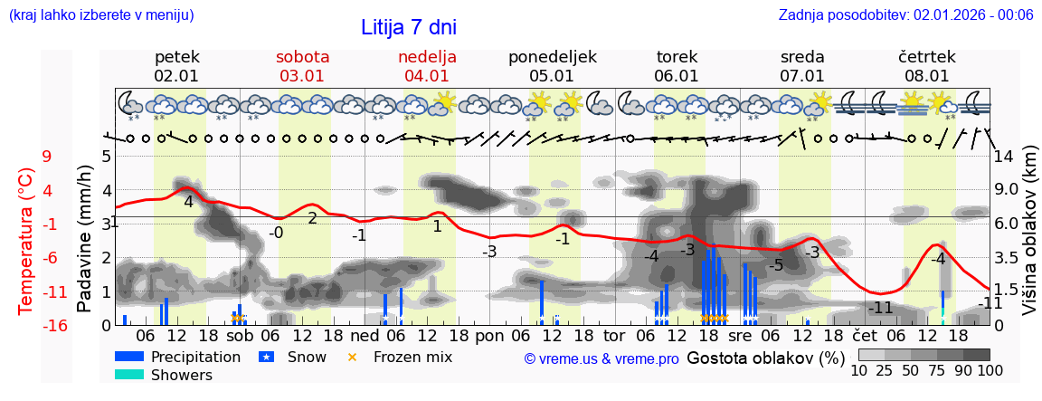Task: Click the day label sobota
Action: tap(302, 57)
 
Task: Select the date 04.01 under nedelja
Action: tap(427, 76)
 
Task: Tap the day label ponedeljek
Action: tap(552, 57)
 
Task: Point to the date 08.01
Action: tap(927, 76)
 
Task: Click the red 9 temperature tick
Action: tap(46, 157)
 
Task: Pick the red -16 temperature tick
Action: tap(55, 326)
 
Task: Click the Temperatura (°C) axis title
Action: tap(25, 241)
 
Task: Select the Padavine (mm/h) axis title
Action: tap(85, 239)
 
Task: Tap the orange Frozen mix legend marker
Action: tap(353, 357)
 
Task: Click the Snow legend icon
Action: tap(266, 357)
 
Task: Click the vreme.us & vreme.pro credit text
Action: tap(601, 358)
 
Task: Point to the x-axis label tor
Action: tap(614, 335)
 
